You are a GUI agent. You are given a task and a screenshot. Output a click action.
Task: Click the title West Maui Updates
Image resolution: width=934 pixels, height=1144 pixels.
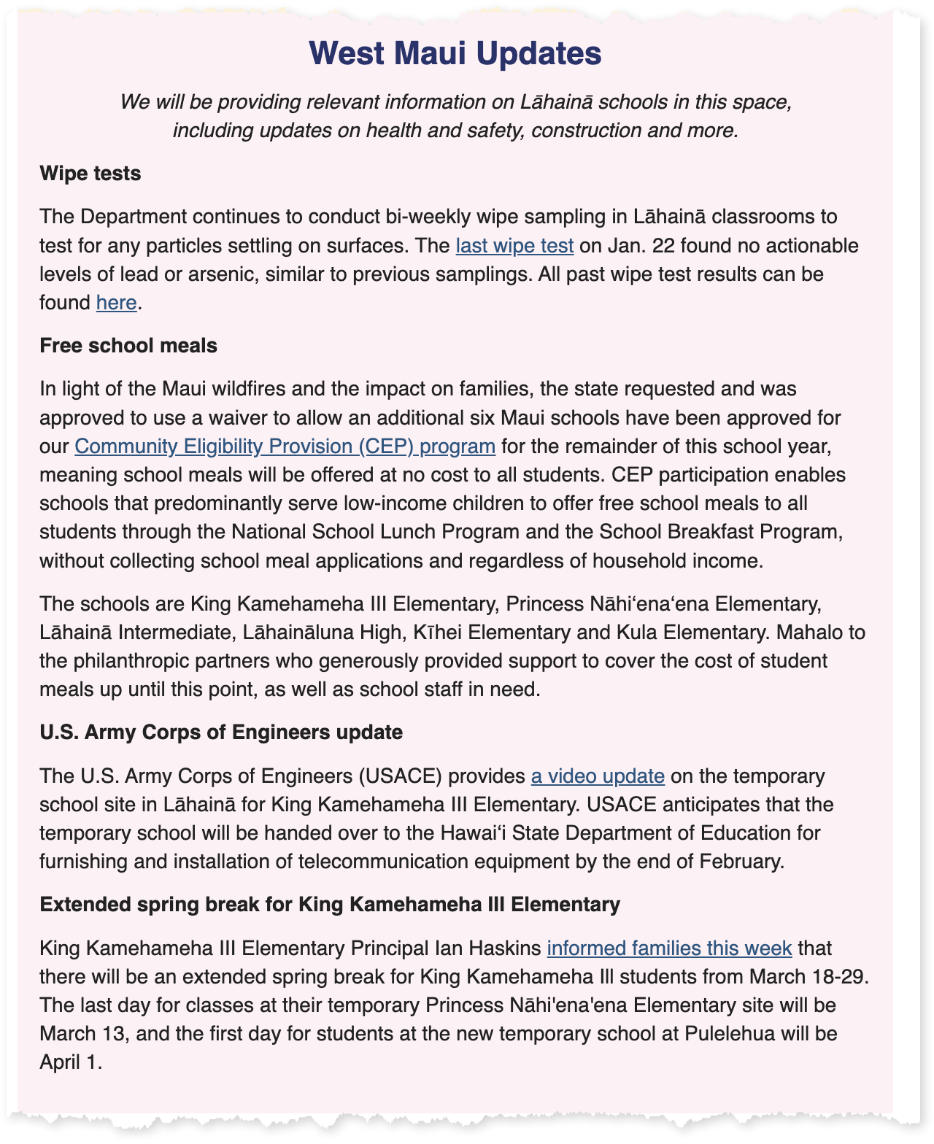(455, 53)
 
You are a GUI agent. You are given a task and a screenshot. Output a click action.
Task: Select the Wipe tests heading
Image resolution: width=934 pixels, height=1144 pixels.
(90, 174)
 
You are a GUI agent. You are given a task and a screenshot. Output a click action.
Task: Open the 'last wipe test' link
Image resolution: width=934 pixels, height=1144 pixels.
(514, 245)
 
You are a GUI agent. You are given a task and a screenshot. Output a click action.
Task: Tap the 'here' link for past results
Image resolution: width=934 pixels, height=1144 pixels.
(116, 302)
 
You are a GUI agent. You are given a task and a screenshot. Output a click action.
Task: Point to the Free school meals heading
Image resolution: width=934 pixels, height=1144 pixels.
(128, 345)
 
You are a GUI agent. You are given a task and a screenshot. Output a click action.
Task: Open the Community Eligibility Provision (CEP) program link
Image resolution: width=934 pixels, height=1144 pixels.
(285, 446)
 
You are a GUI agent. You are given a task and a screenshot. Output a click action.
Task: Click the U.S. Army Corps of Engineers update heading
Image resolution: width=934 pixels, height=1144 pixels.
(221, 732)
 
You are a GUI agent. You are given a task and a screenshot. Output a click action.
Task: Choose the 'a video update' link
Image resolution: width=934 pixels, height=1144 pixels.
(598, 776)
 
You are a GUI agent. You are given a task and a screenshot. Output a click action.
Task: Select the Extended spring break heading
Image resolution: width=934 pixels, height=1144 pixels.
(330, 905)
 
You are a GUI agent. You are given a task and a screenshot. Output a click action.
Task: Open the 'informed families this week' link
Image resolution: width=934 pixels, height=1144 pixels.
(669, 948)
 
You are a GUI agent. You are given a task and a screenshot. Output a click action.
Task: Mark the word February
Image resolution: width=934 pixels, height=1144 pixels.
(740, 862)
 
